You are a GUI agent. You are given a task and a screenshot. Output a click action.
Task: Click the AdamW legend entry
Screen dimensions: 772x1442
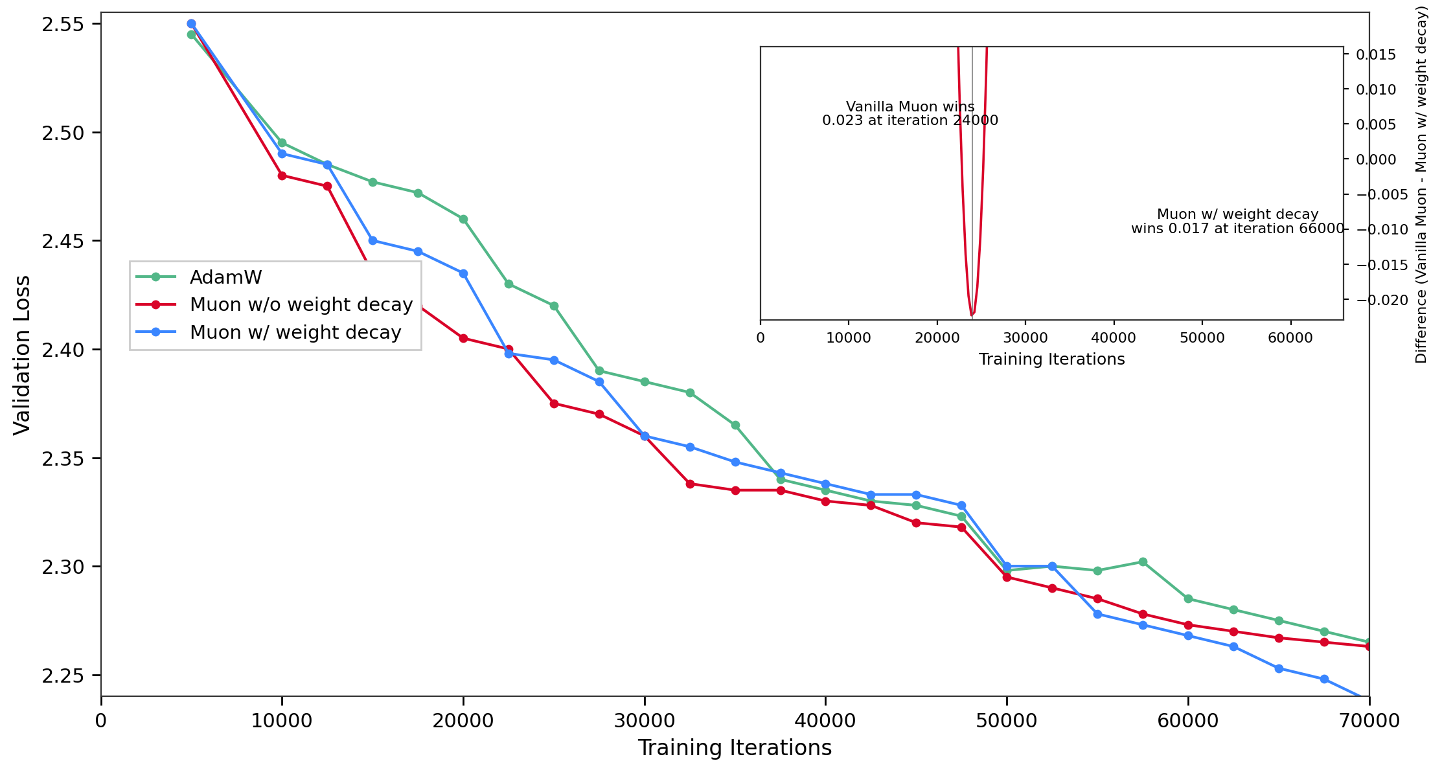coord(225,277)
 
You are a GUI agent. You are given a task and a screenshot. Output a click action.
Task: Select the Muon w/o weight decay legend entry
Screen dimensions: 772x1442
coord(301,304)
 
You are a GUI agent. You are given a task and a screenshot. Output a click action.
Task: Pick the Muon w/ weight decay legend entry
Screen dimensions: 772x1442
coord(295,332)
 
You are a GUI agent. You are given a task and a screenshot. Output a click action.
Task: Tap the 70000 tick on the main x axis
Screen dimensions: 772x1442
coord(1369,721)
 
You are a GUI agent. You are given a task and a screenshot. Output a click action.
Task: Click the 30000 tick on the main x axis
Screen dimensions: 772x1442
coord(645,721)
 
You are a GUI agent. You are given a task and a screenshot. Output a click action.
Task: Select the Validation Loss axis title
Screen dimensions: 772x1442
coord(22,355)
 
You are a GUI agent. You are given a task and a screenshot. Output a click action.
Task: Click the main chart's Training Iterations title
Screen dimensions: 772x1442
coord(735,748)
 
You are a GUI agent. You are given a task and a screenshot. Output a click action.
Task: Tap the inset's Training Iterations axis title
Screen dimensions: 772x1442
coord(1051,359)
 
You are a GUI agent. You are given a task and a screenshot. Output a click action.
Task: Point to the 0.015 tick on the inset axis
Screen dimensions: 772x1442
coord(1376,54)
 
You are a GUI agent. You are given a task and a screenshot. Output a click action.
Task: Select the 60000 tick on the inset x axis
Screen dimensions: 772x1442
coord(1290,338)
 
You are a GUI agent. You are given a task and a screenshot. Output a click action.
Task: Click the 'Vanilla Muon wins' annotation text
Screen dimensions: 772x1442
coord(910,107)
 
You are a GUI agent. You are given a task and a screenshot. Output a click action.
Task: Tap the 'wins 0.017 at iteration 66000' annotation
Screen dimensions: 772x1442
coord(1237,229)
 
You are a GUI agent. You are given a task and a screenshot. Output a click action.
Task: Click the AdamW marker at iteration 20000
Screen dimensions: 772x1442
coord(463,219)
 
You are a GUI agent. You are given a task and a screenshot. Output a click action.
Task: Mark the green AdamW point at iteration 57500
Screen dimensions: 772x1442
coord(1143,562)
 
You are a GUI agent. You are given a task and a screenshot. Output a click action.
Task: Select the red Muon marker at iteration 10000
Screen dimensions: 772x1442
coord(282,176)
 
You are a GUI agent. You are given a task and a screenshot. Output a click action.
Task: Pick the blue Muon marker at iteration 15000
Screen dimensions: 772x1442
coord(372,240)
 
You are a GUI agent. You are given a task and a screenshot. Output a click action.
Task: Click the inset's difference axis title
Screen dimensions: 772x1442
coord(1421,185)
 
